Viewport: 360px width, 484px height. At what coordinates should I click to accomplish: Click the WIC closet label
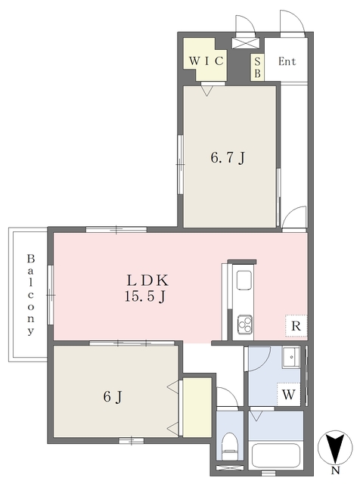[206, 60]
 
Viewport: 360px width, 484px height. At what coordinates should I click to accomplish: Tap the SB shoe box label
[257, 67]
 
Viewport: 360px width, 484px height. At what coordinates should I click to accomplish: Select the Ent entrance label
[287, 61]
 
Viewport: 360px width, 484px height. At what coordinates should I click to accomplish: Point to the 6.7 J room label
[228, 158]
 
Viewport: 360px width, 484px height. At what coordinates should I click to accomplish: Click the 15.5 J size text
[146, 297]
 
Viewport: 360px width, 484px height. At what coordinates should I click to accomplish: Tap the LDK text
[147, 281]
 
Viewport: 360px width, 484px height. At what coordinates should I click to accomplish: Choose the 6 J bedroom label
[113, 396]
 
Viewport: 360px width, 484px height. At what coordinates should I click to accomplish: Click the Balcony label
[30, 294]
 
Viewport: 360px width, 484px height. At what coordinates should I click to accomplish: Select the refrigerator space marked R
[296, 326]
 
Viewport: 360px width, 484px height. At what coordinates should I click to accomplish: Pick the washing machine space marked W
[289, 394]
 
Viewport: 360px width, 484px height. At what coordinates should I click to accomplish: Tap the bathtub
[276, 456]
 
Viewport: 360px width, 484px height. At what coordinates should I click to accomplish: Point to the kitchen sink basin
[244, 280]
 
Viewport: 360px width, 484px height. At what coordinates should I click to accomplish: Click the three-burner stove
[244, 324]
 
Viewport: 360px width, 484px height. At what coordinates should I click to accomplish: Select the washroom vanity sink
[290, 357]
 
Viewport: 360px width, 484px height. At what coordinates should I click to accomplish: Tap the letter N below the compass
[335, 470]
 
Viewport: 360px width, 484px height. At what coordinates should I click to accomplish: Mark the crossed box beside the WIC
[246, 43]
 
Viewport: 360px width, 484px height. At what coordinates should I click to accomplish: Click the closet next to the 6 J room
[197, 407]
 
